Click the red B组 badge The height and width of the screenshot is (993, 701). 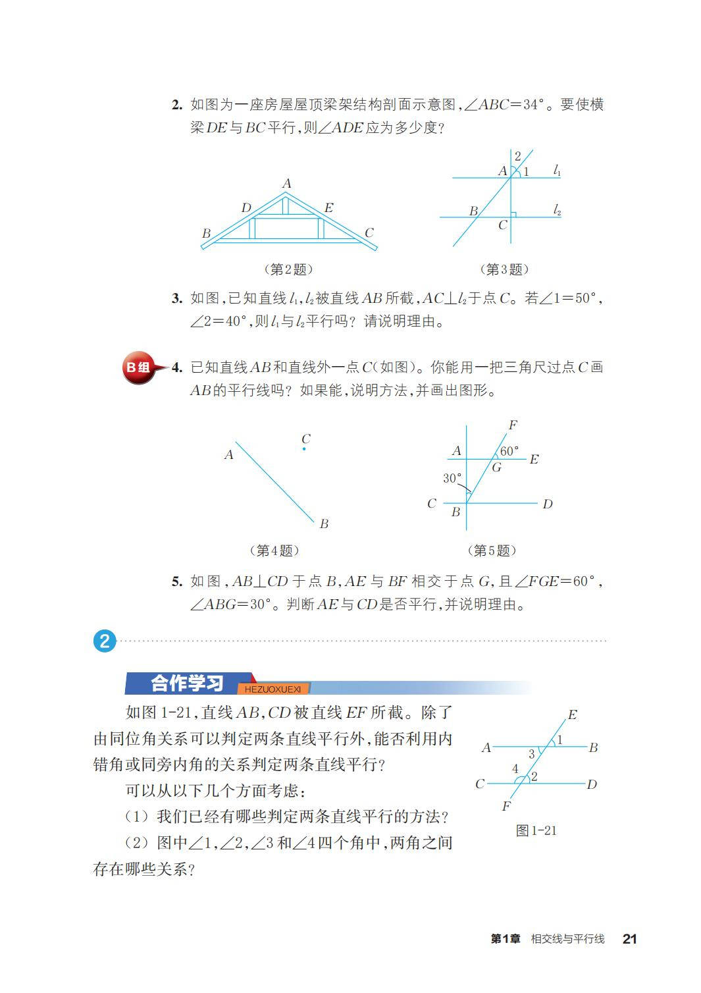[x=138, y=368]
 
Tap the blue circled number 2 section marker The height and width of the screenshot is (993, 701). [x=105, y=641]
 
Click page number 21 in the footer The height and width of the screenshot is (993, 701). [x=629, y=939]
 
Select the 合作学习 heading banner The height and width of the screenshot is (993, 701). [x=188, y=683]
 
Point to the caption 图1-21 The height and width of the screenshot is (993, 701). [x=536, y=830]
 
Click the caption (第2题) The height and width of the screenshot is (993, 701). [x=288, y=269]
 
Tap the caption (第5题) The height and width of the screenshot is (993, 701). [x=491, y=550]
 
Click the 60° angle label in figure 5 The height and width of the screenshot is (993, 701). [x=509, y=451]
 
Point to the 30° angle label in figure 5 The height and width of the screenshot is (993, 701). [x=452, y=478]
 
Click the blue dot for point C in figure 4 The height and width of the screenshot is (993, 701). [x=304, y=449]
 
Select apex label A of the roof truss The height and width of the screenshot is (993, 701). [x=286, y=184]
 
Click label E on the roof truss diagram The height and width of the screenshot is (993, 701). [x=328, y=208]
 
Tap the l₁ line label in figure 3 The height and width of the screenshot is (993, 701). [x=557, y=171]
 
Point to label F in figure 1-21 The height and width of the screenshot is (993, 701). [x=506, y=806]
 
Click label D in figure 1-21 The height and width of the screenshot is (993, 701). [x=592, y=784]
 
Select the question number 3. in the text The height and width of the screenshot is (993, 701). [x=176, y=299]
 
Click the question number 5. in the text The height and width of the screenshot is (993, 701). [x=176, y=582]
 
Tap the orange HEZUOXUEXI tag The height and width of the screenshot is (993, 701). [x=273, y=689]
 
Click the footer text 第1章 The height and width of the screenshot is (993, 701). [x=505, y=939]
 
